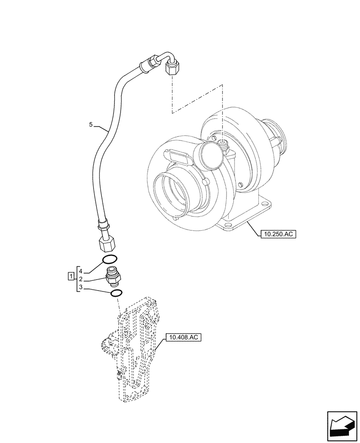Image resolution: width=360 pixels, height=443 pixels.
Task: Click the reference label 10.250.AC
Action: coord(278,234)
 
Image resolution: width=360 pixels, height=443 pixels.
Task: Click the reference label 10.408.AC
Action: coord(184,338)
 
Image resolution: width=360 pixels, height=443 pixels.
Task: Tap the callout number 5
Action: coord(91,125)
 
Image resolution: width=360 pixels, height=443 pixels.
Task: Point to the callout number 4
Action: coord(80,270)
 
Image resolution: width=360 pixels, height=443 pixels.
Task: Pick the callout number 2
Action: coord(80,280)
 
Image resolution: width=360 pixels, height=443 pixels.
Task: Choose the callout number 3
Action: coord(80,288)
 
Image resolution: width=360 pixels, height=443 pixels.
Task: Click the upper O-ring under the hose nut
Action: coord(109,259)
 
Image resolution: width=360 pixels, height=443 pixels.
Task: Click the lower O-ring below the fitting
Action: coord(116,293)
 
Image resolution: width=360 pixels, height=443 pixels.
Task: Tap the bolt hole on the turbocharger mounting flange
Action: coord(266,204)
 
